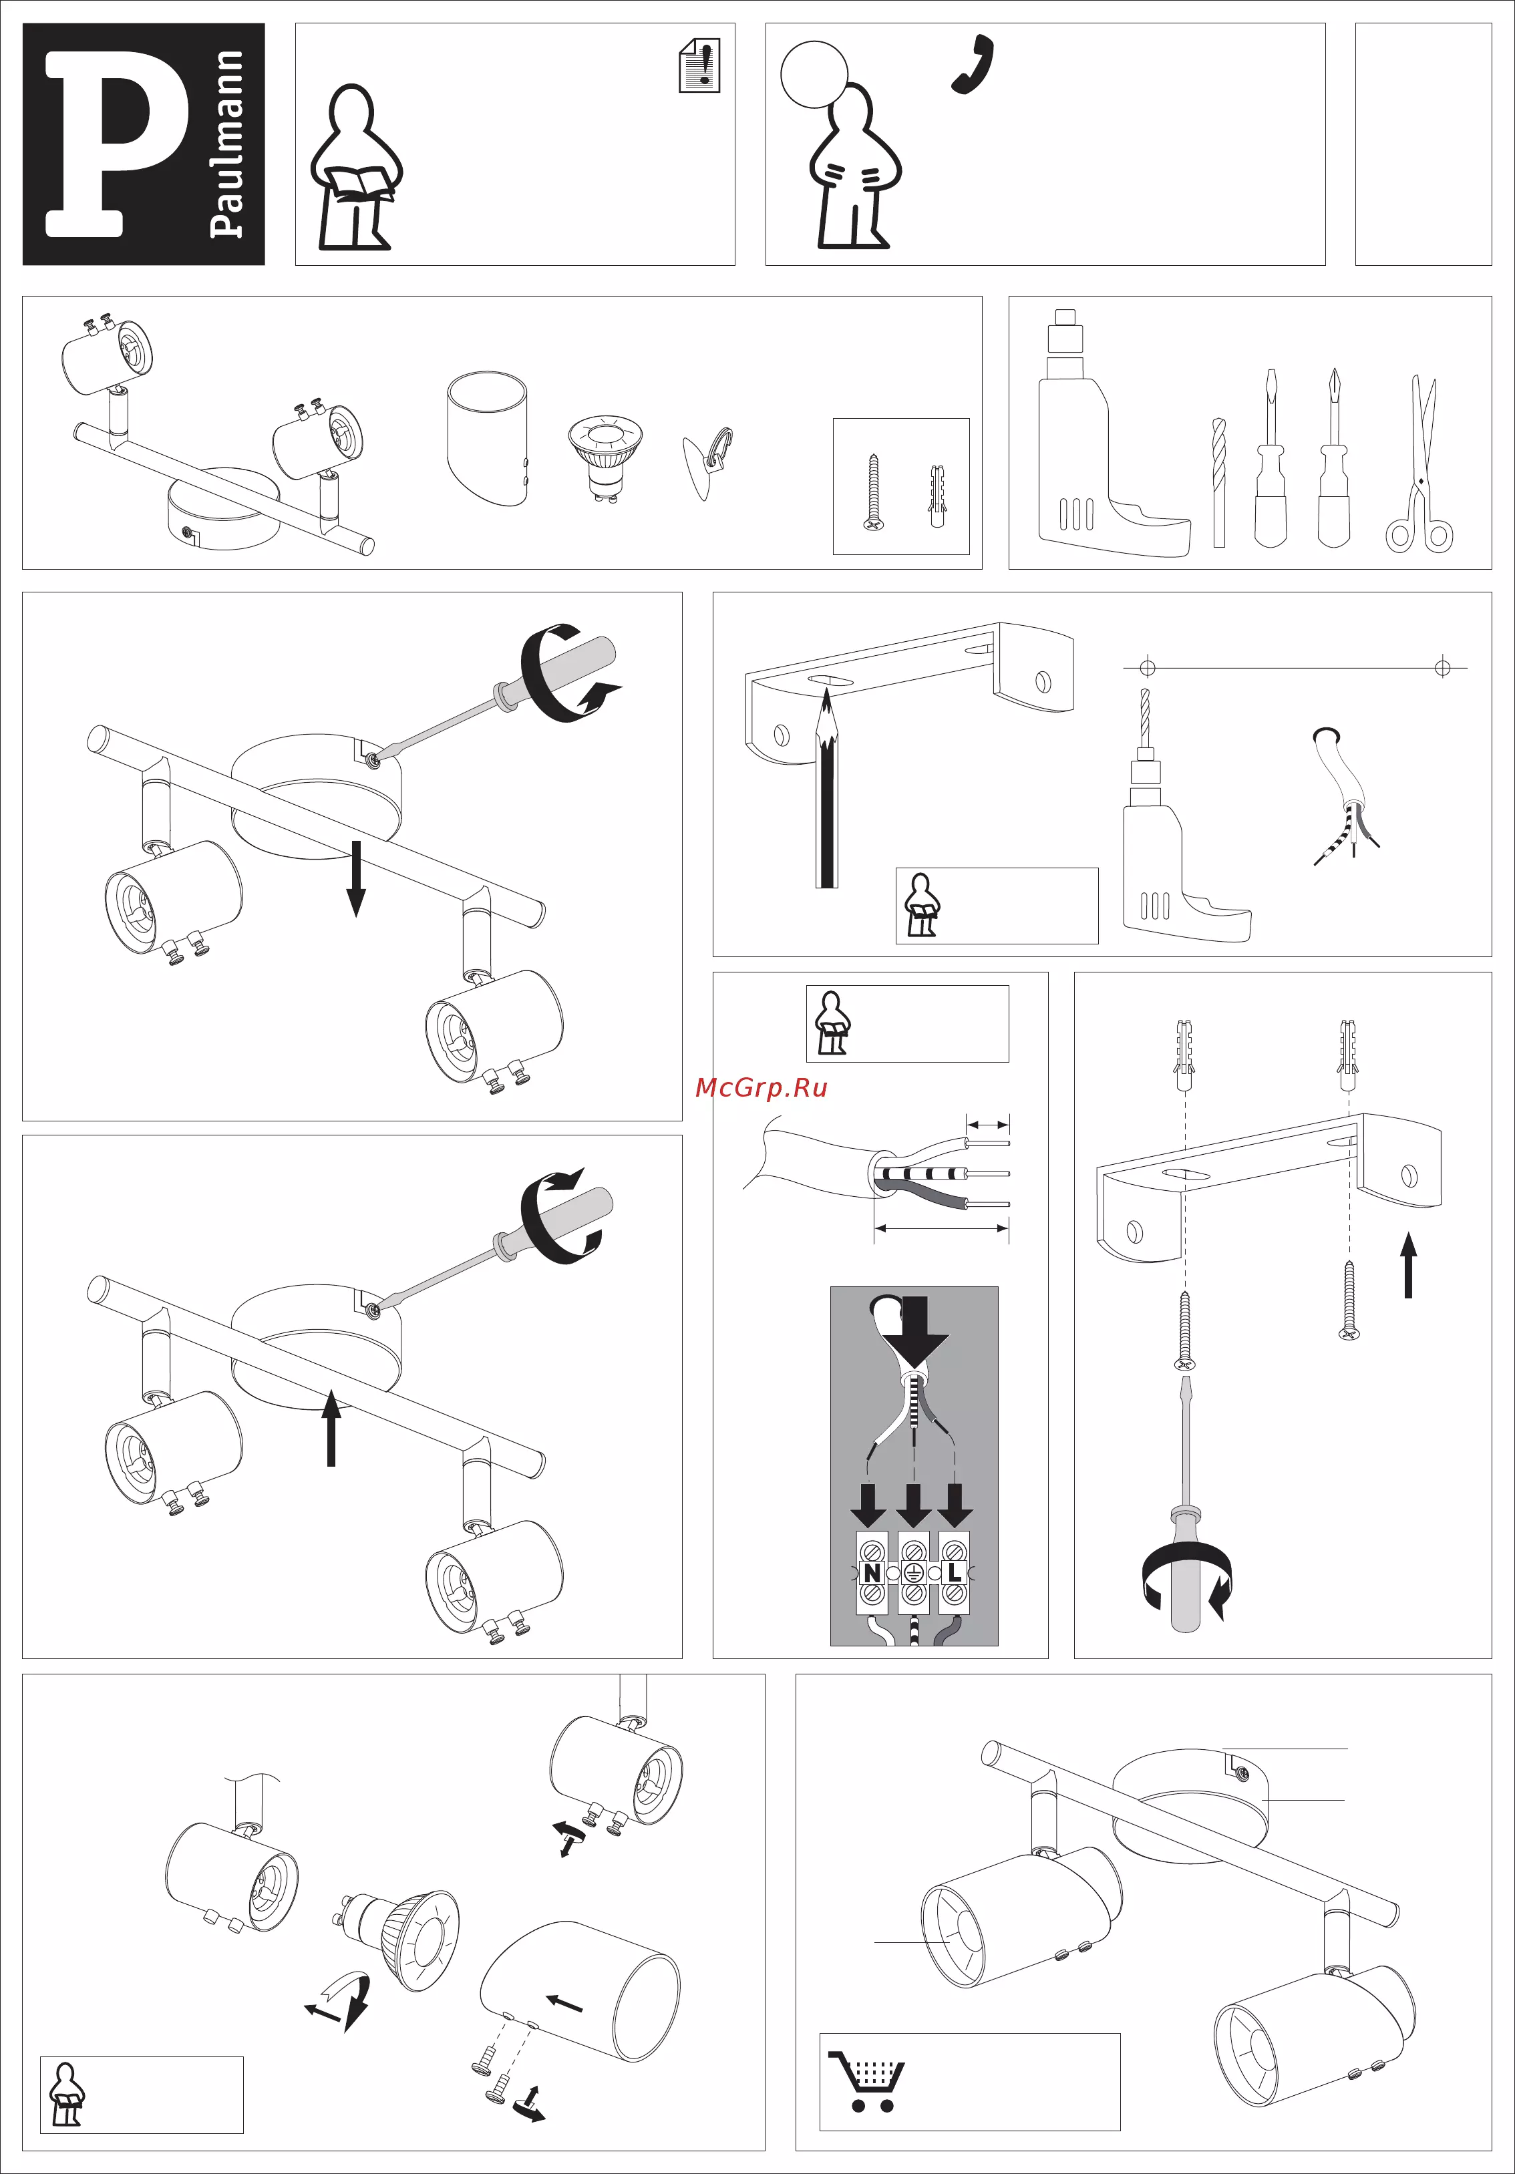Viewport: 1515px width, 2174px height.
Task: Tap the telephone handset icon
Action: [x=973, y=64]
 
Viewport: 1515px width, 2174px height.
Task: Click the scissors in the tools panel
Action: [x=1420, y=464]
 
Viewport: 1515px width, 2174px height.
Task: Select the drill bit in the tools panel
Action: [x=1218, y=482]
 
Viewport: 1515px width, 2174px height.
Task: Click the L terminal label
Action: [x=955, y=1573]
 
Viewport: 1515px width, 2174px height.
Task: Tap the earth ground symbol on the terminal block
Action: [x=914, y=1573]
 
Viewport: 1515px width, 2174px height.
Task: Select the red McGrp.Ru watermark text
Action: [x=762, y=1087]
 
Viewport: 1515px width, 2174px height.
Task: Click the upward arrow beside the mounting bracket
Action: [x=1409, y=1264]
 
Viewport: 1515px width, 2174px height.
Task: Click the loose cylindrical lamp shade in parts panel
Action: [x=487, y=438]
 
